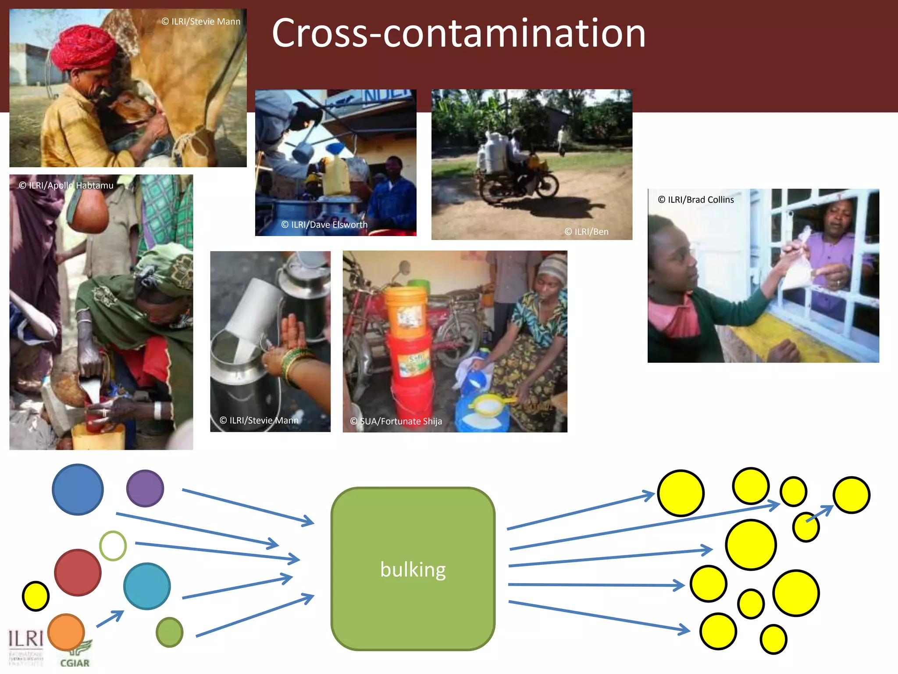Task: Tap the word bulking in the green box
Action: point(413,569)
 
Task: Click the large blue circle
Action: point(78,489)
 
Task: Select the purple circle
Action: point(145,488)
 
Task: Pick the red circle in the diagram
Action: point(78,572)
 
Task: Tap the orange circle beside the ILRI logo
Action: point(66,632)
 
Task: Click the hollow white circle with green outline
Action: point(113,545)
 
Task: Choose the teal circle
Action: point(147,586)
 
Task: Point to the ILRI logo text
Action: point(25,639)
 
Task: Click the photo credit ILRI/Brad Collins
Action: point(696,200)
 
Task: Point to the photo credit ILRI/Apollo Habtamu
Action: point(66,185)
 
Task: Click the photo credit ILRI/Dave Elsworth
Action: point(324,225)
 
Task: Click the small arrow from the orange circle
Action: point(110,619)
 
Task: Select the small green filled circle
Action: point(169,632)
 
